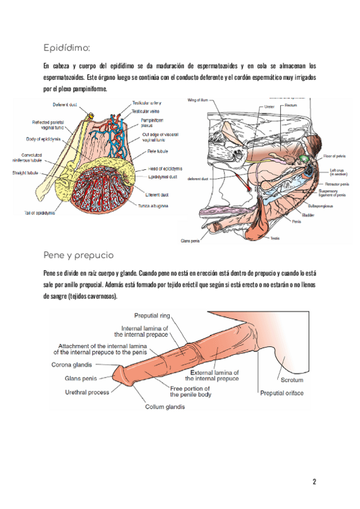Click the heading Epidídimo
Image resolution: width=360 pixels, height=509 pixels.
click(66, 47)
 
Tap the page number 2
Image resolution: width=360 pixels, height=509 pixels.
click(314, 481)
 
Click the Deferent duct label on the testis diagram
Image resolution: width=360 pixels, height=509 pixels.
click(64, 104)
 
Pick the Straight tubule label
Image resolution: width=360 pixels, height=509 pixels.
click(26, 173)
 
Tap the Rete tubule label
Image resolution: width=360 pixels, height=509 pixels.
click(158, 152)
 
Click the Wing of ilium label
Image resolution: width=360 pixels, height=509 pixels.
click(199, 100)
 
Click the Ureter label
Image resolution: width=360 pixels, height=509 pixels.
click(269, 106)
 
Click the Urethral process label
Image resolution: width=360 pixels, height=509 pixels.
click(87, 393)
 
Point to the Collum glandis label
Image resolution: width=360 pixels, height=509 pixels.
click(165, 406)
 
